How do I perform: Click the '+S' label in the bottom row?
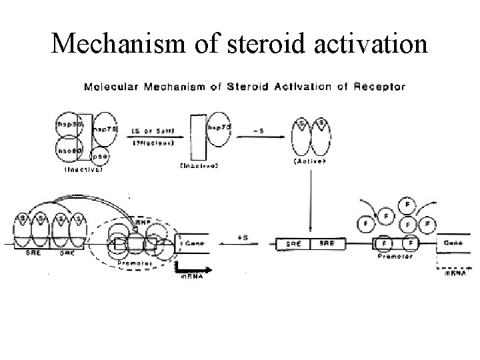click(x=244, y=237)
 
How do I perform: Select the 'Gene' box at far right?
click(x=453, y=243)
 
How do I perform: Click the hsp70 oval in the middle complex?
click(x=215, y=127)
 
